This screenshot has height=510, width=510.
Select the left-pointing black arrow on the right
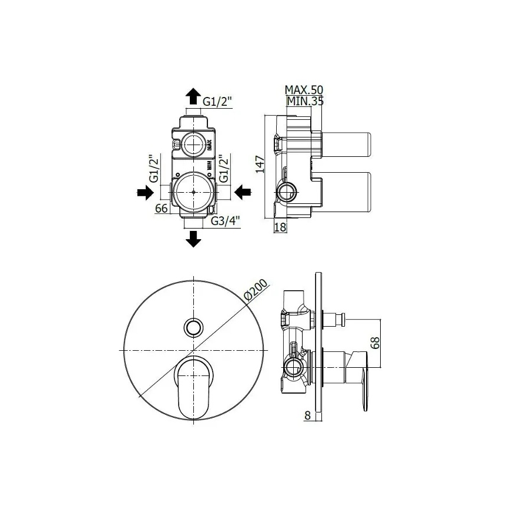(243, 192)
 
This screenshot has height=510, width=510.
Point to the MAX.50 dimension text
(304, 90)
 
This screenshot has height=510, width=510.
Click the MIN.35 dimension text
(304, 101)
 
